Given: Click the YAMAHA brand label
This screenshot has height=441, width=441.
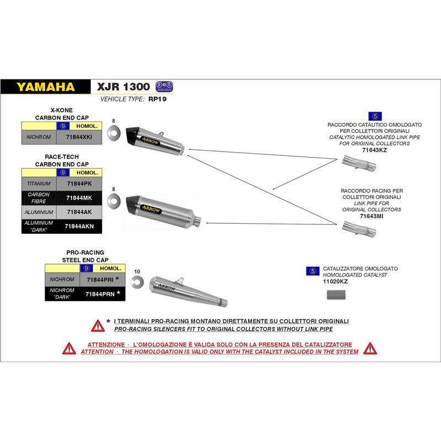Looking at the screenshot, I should (45, 87).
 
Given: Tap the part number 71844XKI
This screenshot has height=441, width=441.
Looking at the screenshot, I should (79, 136).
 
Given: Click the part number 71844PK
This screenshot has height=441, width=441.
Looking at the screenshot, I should (79, 183).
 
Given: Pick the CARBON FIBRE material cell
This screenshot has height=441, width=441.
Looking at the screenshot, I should (39, 197).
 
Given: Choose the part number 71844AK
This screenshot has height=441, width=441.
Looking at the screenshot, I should (79, 212).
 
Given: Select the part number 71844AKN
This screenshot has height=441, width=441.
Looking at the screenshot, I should (79, 226).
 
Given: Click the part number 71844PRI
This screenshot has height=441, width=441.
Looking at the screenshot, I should (100, 280).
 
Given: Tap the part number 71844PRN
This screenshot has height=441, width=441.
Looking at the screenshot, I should (100, 294).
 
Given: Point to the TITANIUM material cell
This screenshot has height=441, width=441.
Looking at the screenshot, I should (39, 183).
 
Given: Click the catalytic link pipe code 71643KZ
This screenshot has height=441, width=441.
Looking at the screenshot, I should (374, 149).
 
